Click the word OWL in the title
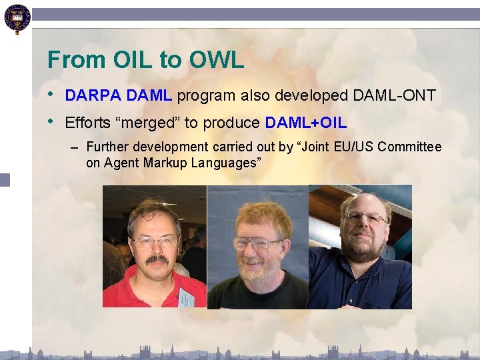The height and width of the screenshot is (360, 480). pos(217,60)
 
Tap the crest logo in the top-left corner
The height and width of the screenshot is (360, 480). pos(17,19)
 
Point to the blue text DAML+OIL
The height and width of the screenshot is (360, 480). pos(306,123)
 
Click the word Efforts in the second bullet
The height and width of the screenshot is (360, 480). pos(87,123)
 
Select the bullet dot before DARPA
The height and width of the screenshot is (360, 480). pos(51,94)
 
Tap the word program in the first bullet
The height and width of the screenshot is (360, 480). pos(206,96)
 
